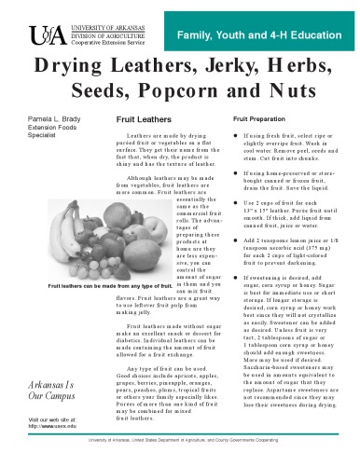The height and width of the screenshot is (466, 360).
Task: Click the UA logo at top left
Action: (x=48, y=36)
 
